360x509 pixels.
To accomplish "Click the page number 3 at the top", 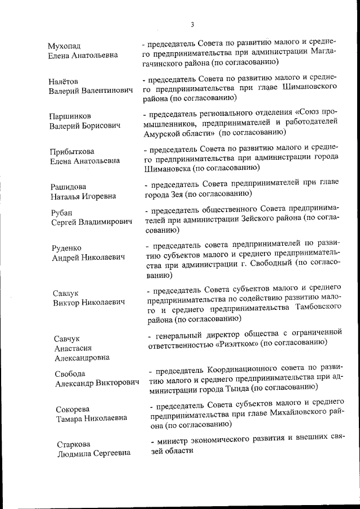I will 192,24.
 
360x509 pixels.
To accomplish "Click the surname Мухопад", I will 65,45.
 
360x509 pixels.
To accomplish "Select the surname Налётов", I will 62,81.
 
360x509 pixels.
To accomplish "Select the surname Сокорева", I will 73,409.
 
